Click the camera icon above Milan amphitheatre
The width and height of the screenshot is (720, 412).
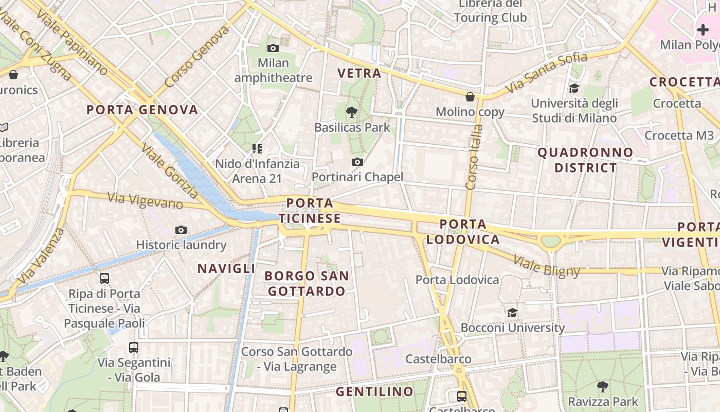[x=273, y=48]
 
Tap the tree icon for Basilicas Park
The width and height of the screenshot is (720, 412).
[x=352, y=111]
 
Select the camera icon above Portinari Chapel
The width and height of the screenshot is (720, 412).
[x=357, y=162]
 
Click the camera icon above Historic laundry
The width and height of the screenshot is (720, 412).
[x=181, y=230]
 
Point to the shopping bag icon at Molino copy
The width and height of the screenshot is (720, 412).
[x=470, y=97]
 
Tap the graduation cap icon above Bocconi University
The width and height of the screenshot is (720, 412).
[x=512, y=313]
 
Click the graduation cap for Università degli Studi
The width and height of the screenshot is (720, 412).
[x=574, y=89]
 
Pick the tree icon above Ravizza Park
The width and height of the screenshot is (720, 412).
[x=602, y=386]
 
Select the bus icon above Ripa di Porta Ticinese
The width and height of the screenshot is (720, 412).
[x=104, y=279]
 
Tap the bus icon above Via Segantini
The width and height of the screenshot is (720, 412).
[x=134, y=348]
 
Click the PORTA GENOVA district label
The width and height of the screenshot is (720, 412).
[x=142, y=110]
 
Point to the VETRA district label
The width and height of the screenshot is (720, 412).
[x=359, y=73]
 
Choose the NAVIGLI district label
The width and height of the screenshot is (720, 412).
[x=226, y=268]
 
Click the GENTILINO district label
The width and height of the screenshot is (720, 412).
[x=374, y=391]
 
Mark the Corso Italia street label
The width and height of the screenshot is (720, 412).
[x=474, y=157]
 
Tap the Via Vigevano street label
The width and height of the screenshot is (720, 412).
[x=145, y=201]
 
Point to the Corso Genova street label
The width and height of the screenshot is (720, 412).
[x=196, y=56]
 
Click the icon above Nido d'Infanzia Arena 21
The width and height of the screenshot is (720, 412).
[x=257, y=149]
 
